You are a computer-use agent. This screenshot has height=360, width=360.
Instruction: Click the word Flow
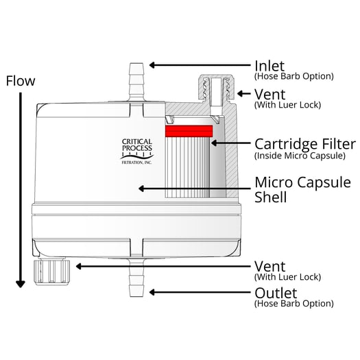coord(21,81)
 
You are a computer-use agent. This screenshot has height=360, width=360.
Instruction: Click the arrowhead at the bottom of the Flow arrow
coord(21,281)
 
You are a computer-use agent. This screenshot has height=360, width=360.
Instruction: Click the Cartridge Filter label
coord(304,144)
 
